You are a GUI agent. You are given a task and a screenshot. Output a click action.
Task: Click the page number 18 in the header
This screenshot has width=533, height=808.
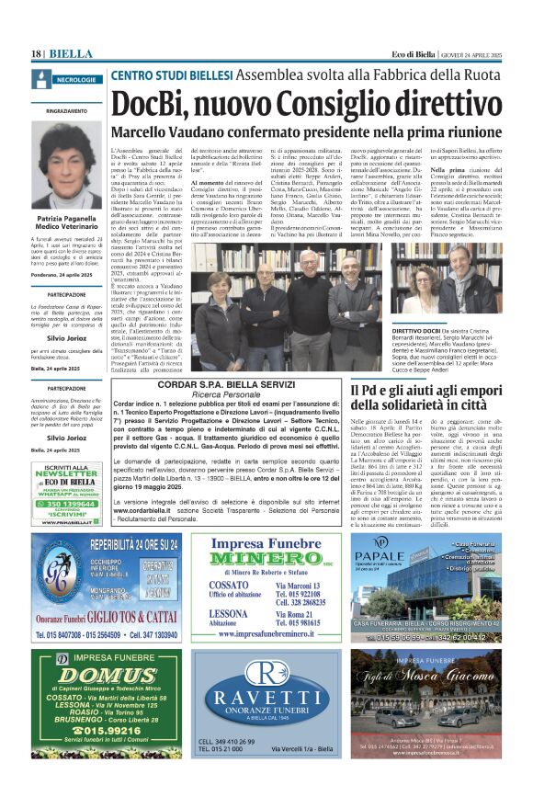(38, 53)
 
